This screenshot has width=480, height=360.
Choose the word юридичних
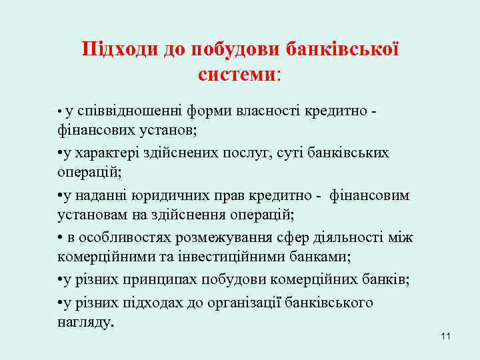(x=161, y=196)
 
